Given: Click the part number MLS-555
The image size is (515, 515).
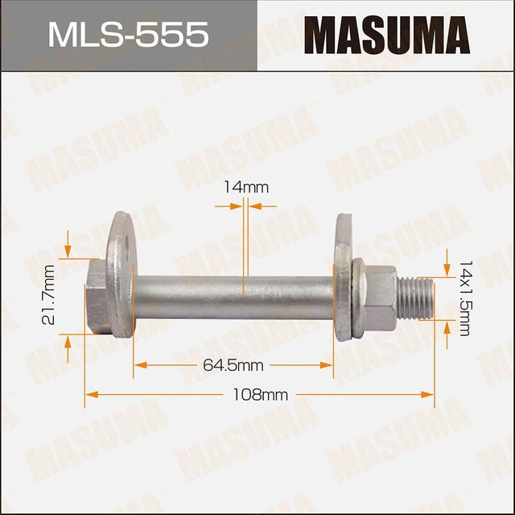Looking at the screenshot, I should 128,35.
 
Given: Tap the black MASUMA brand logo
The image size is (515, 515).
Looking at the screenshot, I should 386,35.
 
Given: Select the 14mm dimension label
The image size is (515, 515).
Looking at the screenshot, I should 245,187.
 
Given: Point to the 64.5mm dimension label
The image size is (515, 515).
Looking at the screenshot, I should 233,365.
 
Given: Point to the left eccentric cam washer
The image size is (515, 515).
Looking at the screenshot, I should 122,274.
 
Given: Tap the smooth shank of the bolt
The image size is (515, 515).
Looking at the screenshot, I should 233,297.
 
